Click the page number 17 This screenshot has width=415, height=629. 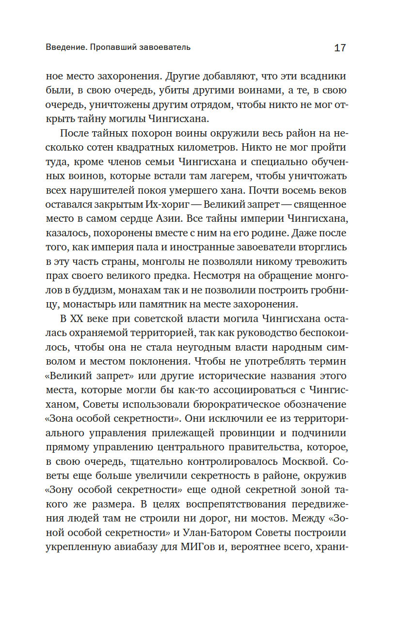coord(340,47)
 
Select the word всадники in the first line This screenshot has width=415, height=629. coord(323,77)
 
